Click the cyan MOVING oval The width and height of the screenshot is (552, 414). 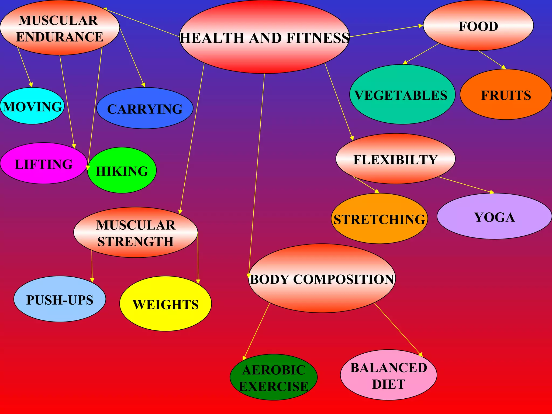[x=32, y=106]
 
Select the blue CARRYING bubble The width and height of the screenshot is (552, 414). [x=145, y=108]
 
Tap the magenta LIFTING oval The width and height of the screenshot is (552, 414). [x=44, y=164]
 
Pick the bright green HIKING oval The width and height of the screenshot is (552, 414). [x=122, y=170]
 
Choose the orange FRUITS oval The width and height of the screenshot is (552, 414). [x=506, y=95]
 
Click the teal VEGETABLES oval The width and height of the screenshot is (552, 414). [x=402, y=95]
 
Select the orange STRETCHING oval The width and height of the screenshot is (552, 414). [x=379, y=219]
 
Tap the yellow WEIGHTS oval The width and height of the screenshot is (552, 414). [x=165, y=304]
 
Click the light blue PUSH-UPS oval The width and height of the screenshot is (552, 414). [x=60, y=299]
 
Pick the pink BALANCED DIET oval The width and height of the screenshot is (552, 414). [x=388, y=375]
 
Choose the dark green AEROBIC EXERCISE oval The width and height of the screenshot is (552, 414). [x=274, y=377]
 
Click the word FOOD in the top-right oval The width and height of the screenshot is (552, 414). [x=478, y=26]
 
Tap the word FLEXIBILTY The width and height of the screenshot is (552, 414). [x=395, y=160]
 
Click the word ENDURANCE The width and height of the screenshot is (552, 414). [x=60, y=37]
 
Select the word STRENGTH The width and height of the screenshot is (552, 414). [x=135, y=241]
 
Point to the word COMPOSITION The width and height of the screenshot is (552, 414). [x=344, y=279]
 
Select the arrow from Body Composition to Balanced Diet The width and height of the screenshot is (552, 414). [x=398, y=329]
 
